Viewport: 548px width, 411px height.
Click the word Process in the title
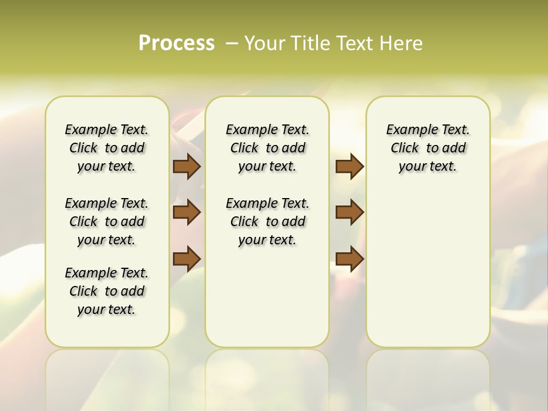[x=176, y=43]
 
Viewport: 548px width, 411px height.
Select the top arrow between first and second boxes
[x=187, y=166]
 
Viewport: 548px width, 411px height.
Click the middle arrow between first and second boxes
[x=187, y=212]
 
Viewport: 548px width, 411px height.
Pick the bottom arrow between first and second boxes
[x=187, y=258]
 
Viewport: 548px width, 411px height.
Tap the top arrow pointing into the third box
[x=349, y=166]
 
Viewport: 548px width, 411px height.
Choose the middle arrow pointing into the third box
[x=349, y=212]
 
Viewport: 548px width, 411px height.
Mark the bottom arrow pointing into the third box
[x=349, y=258]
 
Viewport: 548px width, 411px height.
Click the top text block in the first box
[x=107, y=148]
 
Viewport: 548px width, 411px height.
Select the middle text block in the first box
[x=107, y=221]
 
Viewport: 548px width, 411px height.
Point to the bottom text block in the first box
[x=107, y=291]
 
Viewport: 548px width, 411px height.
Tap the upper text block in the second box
[x=267, y=148]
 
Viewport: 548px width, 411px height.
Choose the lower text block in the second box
[x=267, y=221]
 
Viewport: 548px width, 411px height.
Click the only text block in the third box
[x=428, y=148]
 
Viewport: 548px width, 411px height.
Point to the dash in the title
[x=231, y=43]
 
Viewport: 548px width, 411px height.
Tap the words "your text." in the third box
[x=428, y=166]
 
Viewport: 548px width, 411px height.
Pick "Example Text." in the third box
[x=428, y=130]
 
